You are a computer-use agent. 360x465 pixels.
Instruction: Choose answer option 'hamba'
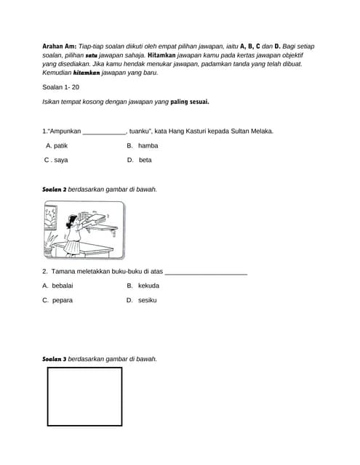point(148,145)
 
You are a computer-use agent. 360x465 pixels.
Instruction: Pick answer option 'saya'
point(60,160)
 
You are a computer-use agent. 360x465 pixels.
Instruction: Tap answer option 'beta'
point(145,160)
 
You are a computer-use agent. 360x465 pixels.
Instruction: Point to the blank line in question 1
point(104,132)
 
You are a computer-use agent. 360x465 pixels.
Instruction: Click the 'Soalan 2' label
point(55,189)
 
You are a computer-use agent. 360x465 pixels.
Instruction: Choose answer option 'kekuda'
point(148,286)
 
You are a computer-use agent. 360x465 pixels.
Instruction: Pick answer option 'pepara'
point(62,300)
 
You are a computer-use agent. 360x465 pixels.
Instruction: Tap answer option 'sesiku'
point(147,300)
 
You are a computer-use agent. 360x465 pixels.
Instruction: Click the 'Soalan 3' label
point(55,359)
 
